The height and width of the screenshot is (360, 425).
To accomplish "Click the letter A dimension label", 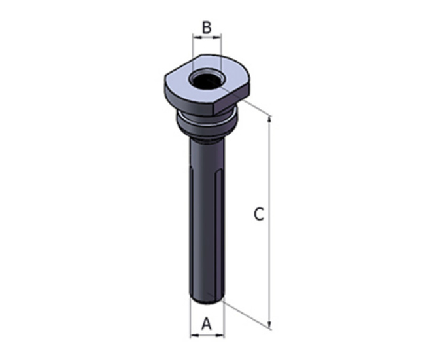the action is (207, 323).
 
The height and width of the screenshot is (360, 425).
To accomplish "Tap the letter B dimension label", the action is (207, 27).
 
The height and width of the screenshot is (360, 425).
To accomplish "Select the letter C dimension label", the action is (259, 214).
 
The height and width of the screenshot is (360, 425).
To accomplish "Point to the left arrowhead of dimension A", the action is (194, 336).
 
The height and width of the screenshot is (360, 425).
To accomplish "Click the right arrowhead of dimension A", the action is (220, 336).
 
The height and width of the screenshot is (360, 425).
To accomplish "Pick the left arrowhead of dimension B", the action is (196, 37).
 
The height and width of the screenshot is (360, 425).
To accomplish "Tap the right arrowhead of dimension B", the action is (218, 37).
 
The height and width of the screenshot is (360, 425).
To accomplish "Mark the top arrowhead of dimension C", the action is (269, 120).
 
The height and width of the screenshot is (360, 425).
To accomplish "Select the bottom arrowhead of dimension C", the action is (269, 325).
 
